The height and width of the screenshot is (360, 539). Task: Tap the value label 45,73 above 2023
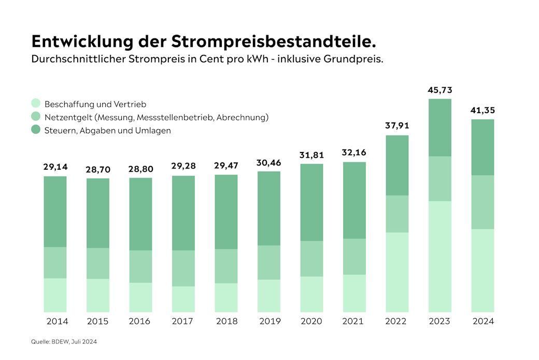(x=440, y=90)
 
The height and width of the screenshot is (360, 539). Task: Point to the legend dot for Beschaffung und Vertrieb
(x=36, y=104)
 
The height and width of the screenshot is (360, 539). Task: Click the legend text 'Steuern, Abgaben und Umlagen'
(x=108, y=131)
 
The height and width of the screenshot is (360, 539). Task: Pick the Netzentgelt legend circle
(x=36, y=117)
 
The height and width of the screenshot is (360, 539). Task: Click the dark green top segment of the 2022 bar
(x=397, y=165)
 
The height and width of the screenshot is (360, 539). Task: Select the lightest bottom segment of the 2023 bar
(x=440, y=256)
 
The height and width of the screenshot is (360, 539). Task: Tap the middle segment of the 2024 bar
(x=483, y=202)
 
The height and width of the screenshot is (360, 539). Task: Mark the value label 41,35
(x=483, y=110)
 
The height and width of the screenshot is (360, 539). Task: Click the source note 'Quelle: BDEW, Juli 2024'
(x=64, y=341)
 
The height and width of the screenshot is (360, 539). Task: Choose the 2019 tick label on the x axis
(x=269, y=322)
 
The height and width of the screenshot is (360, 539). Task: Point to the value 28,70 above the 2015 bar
(x=98, y=170)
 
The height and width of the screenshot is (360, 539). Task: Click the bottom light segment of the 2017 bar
(x=183, y=299)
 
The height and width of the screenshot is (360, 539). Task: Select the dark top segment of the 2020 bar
(x=311, y=202)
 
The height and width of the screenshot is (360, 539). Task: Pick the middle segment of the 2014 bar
(x=55, y=262)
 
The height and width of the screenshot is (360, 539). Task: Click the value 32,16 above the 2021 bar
(x=354, y=153)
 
